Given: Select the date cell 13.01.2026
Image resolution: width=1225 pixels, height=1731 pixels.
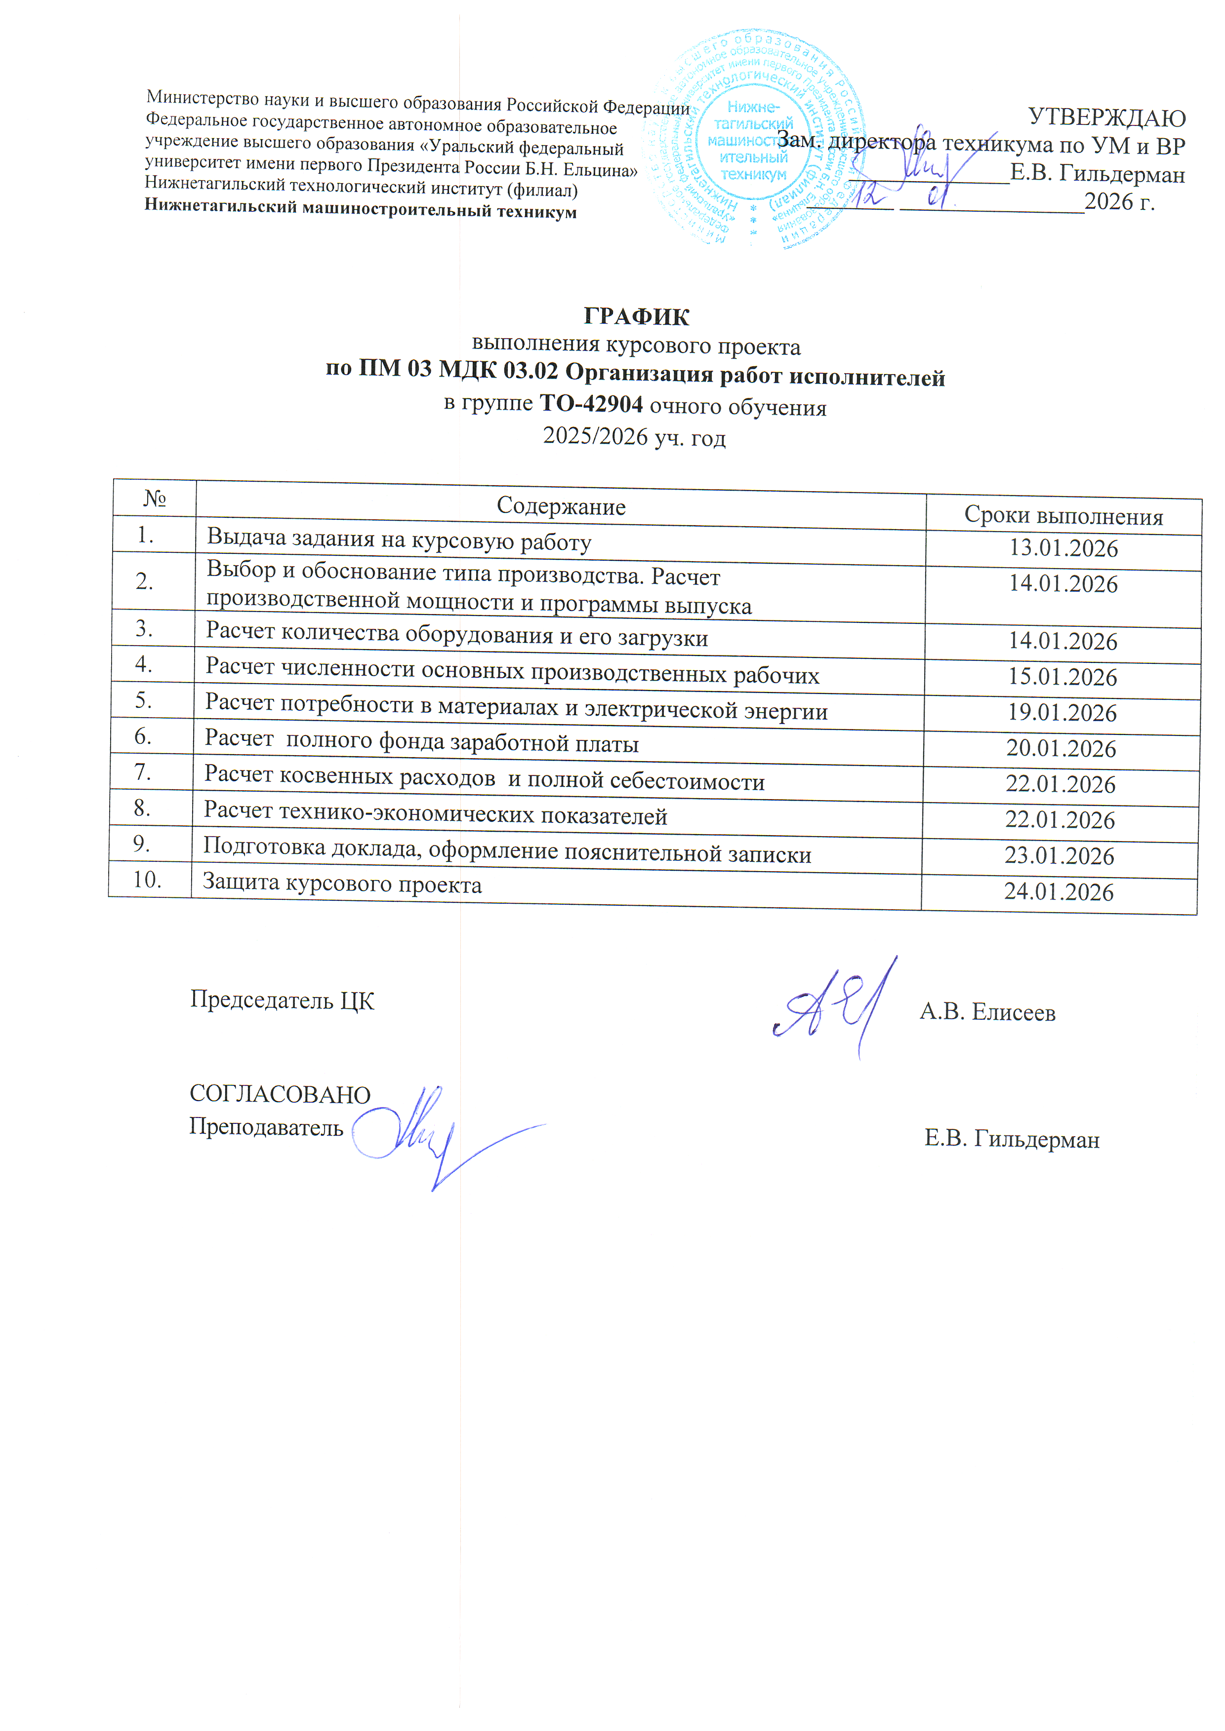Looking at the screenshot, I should (1063, 548).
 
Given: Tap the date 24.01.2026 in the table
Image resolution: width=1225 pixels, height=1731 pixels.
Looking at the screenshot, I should (1059, 892).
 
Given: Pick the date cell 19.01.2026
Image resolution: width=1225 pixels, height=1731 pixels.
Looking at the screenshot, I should (1062, 712).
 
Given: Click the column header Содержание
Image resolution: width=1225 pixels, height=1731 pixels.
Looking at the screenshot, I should (561, 506).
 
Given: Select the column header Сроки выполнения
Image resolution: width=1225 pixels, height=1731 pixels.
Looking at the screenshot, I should (1063, 516).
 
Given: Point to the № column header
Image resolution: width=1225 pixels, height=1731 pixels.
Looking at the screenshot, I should (155, 499).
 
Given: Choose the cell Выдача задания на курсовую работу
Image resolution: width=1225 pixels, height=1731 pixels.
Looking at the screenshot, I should (399, 540).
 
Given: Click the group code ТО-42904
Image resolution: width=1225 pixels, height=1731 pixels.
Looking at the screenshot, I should (591, 404).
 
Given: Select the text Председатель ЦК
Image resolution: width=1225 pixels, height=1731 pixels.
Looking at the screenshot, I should (282, 1000).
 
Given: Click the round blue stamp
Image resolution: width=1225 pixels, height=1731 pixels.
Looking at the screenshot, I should (754, 140).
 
